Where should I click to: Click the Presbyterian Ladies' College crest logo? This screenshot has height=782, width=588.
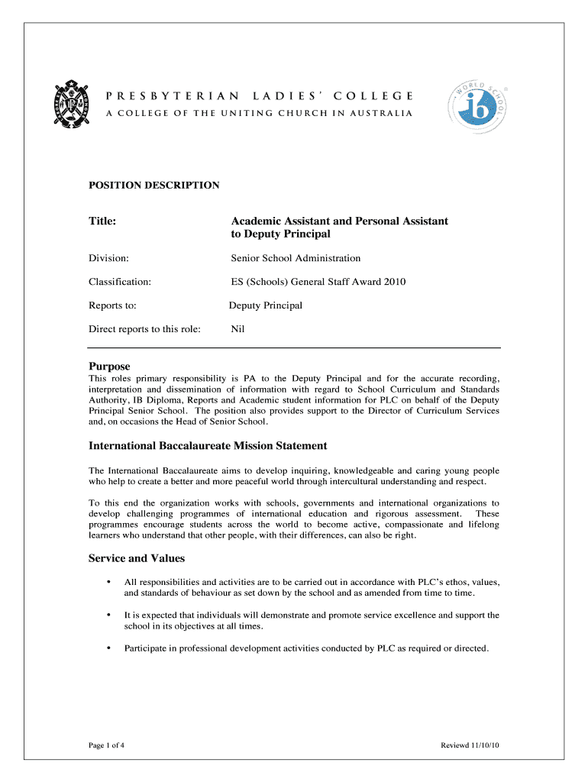(73, 105)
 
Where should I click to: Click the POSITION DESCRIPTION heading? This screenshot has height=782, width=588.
(154, 185)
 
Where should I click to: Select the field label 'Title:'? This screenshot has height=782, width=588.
(102, 221)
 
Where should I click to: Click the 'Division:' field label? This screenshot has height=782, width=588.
(108, 258)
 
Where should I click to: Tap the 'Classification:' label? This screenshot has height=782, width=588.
(120, 282)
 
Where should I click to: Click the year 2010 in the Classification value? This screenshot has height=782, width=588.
(393, 282)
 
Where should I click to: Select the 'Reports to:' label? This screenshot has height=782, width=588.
(112, 305)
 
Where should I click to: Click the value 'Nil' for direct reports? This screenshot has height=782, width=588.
(237, 329)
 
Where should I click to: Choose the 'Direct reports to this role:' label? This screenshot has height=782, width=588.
(145, 329)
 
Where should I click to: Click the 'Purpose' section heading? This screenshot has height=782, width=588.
(109, 366)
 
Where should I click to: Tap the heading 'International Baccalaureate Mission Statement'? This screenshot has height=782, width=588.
(208, 445)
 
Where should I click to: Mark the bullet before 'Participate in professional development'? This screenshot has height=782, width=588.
(109, 648)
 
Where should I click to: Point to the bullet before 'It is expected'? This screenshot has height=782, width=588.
(109, 615)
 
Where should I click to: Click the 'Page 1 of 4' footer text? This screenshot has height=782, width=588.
(107, 745)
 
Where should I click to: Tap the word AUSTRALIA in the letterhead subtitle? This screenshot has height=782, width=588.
(380, 114)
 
